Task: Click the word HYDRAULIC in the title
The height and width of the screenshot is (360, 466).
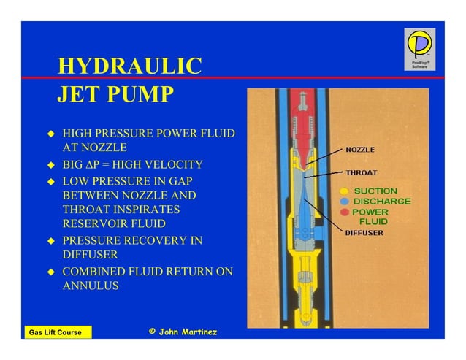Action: tap(129, 66)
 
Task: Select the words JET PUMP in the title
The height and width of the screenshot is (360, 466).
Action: tap(115, 95)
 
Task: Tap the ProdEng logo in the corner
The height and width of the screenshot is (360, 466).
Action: tap(419, 49)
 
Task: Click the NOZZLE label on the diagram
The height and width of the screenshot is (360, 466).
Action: tap(360, 150)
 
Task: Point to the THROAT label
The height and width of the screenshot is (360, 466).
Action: tap(361, 173)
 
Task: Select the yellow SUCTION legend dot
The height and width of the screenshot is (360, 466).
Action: tap(345, 191)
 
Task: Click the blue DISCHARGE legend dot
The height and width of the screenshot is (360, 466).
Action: tap(345, 202)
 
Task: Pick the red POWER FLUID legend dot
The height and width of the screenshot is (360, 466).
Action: tap(345, 212)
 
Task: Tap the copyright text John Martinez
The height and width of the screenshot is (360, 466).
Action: tap(183, 332)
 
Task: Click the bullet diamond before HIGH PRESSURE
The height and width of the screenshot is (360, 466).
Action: tap(51, 134)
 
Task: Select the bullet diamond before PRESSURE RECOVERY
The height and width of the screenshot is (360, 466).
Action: tap(51, 240)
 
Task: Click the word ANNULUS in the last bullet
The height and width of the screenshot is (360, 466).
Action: tap(91, 286)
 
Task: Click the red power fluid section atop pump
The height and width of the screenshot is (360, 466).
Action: tap(299, 102)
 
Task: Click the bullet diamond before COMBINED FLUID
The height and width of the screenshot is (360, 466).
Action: tap(51, 272)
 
